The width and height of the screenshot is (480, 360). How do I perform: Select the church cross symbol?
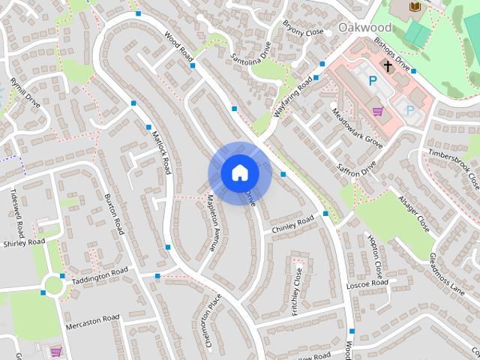388,66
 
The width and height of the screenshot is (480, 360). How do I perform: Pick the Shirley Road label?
24,243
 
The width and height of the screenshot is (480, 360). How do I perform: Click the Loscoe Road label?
365,286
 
